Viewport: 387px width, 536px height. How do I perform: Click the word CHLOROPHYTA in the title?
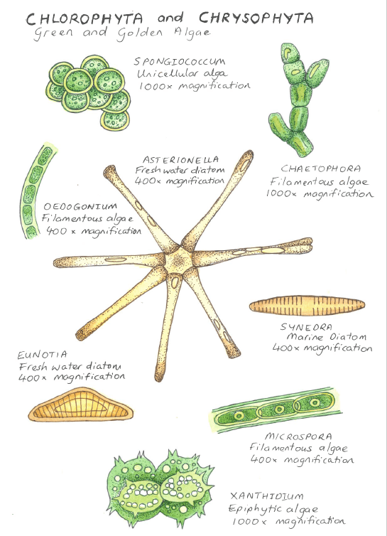tap(85, 18)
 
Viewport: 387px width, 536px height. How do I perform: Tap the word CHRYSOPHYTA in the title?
tap(256, 18)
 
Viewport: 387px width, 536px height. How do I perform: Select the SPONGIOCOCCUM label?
tap(180, 62)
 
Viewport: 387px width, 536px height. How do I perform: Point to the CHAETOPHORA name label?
tap(321, 168)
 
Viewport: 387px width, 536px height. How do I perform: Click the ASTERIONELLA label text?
tap(180, 160)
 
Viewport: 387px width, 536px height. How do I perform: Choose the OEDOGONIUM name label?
tap(80, 206)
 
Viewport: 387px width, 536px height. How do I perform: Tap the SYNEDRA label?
tap(306, 327)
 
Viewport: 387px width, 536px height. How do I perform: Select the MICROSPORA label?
tap(298, 436)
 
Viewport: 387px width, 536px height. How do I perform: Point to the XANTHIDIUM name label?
tap(267, 496)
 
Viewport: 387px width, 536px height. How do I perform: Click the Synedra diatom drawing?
tap(307, 306)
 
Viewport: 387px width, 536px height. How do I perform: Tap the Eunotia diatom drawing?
tap(81, 404)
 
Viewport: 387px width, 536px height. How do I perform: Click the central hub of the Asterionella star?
tap(178, 262)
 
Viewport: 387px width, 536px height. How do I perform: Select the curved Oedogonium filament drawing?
tap(38, 191)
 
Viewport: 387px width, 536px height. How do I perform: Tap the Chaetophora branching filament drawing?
tap(297, 99)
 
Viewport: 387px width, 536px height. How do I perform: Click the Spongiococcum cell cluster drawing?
tap(88, 92)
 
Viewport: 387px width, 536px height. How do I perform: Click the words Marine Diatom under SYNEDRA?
tap(327, 337)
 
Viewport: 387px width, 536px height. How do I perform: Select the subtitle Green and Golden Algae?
tap(122, 33)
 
